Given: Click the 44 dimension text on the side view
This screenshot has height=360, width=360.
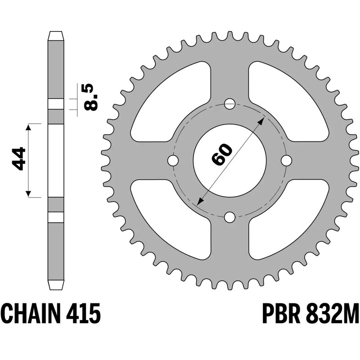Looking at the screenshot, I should point(19,158).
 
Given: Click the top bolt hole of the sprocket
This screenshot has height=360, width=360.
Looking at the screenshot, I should point(229,103).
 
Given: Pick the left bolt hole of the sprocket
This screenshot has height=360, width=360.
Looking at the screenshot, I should point(172,161).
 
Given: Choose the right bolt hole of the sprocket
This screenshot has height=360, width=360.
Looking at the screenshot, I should point(287,160).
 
